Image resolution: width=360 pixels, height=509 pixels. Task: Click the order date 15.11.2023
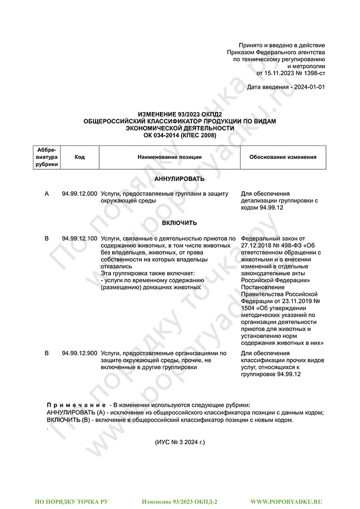(x=278, y=74)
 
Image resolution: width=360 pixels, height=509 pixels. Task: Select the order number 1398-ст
(x=313, y=74)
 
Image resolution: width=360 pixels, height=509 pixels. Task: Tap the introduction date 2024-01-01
(x=308, y=87)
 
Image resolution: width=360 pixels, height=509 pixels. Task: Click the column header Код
(x=80, y=157)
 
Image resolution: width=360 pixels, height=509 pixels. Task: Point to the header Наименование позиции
(x=169, y=157)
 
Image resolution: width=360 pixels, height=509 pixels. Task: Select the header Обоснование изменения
(x=283, y=157)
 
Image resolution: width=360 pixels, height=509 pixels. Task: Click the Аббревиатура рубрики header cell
(x=47, y=157)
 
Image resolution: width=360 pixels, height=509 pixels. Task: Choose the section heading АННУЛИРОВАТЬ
(x=179, y=179)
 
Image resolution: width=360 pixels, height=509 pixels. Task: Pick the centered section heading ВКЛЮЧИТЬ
(x=179, y=223)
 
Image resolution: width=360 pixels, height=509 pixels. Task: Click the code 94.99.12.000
(x=79, y=194)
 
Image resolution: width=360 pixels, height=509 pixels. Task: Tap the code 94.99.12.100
(x=79, y=239)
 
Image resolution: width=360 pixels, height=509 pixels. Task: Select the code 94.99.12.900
(x=79, y=354)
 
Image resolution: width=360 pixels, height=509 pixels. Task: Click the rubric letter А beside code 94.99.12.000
(x=47, y=194)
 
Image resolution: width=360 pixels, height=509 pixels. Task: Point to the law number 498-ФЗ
(x=289, y=246)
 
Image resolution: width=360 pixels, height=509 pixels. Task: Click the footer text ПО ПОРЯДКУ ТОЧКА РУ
(x=71, y=501)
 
